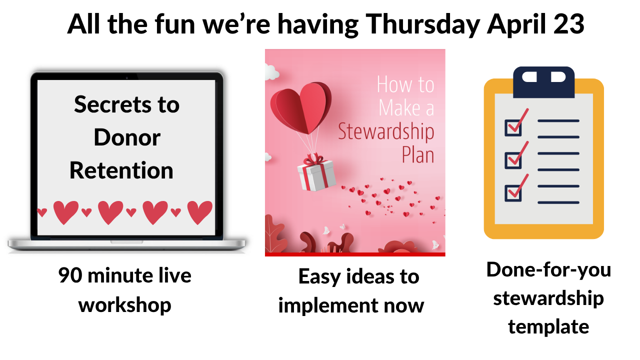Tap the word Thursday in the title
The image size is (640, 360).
[423, 25]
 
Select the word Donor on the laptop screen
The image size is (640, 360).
[127, 137]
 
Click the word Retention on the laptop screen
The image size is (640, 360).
[121, 170]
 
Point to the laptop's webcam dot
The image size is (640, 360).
[127, 77]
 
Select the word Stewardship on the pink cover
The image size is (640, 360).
[386, 132]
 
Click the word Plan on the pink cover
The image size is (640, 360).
[418, 155]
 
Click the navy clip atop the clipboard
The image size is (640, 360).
[543, 82]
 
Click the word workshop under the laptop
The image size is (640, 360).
[125, 305]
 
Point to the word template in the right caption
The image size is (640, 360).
[548, 327]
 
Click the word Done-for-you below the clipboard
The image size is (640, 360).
[548, 270]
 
